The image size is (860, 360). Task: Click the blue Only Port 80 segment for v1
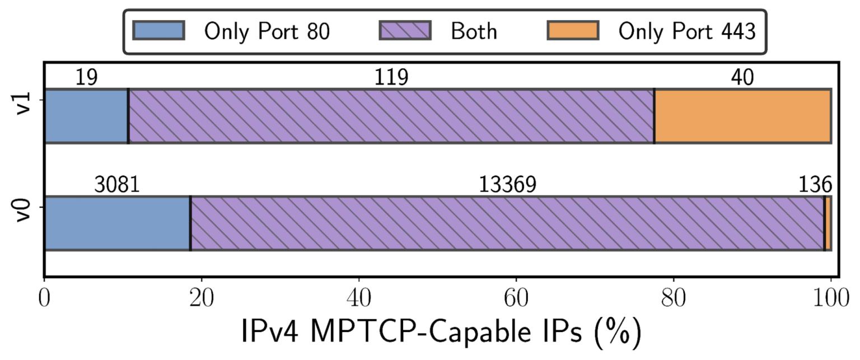[86, 116]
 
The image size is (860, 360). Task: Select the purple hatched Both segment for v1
[391, 116]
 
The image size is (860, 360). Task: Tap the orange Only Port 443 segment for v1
[742, 116]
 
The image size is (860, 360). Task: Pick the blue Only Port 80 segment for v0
[117, 223]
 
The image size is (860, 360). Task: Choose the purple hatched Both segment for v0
[507, 223]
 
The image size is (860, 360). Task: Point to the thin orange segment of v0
[828, 223]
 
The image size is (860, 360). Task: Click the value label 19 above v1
[87, 78]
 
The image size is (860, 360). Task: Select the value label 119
[391, 78]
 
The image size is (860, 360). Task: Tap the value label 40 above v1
[742, 78]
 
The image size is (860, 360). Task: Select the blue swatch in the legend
[158, 31]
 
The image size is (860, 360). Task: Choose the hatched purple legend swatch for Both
[405, 31]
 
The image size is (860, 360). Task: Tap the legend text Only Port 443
[687, 31]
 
